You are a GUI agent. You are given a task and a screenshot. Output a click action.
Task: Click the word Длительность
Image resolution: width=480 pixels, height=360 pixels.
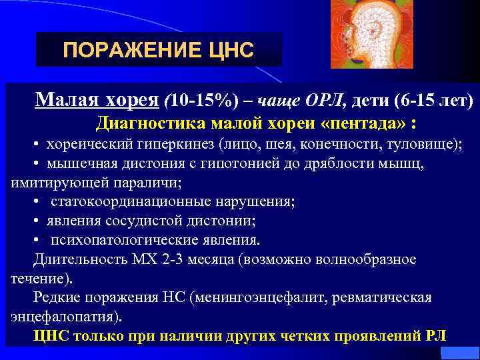(x=73, y=259)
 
